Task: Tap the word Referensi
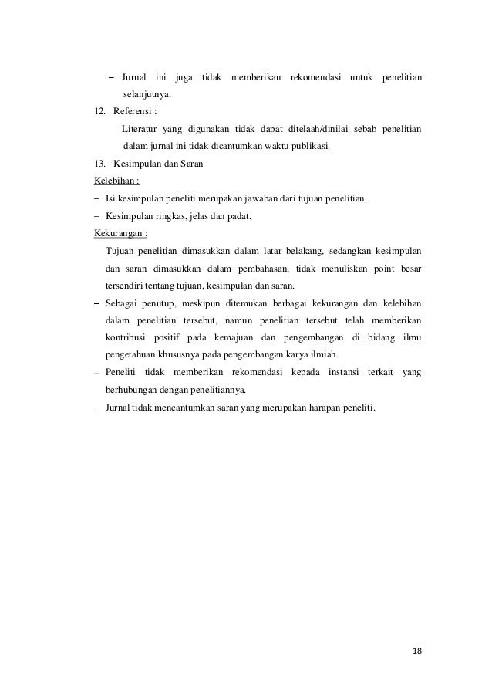135,111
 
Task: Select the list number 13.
99,164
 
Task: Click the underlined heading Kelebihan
116,181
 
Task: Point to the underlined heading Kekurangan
121,233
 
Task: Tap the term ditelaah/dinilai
315,128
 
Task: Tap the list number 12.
99,111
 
